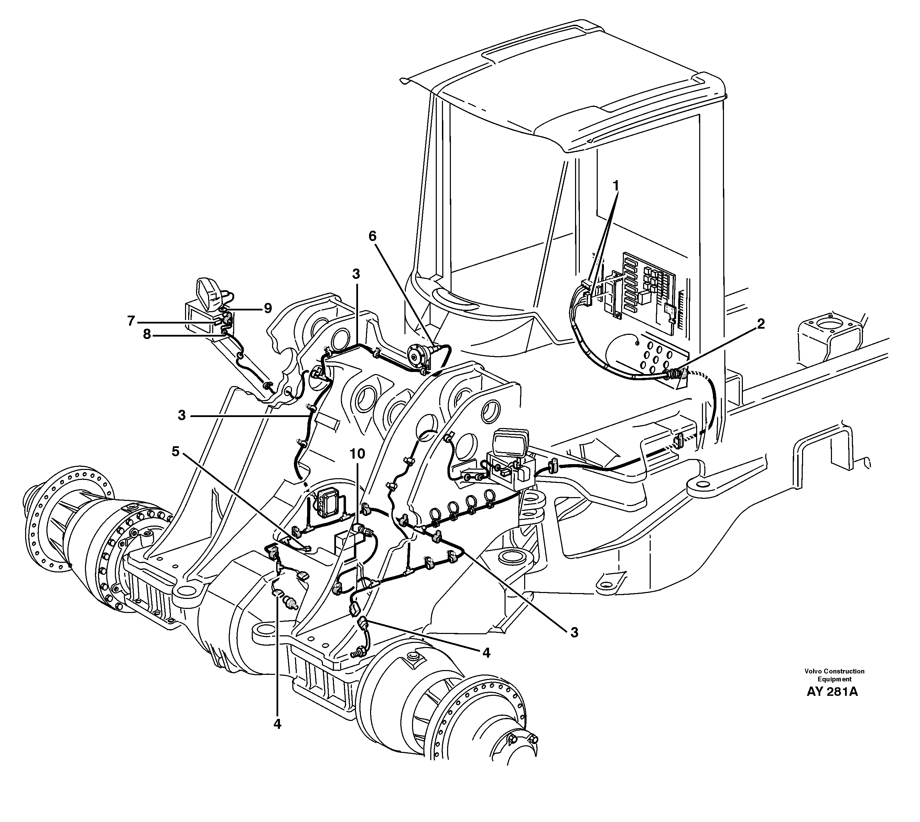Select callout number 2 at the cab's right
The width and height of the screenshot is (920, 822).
pos(761,324)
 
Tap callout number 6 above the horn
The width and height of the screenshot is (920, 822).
pos(372,236)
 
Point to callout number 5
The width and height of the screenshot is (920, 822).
pos(175,451)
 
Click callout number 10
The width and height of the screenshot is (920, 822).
pos(357,454)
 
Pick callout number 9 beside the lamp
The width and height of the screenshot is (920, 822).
pos(268,308)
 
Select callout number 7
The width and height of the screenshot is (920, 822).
pos(131,321)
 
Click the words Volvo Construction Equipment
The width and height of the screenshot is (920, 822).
pos(834,675)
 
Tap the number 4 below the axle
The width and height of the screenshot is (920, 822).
pos(277,724)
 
